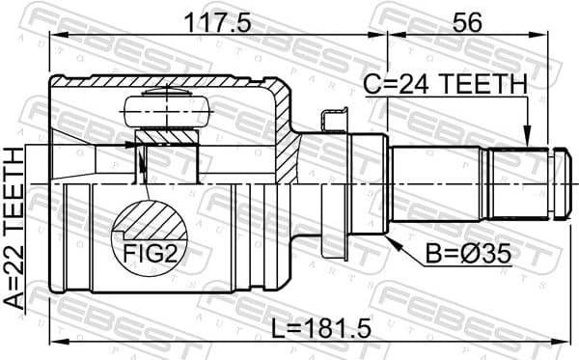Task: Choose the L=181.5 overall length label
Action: pyautogui.click(x=318, y=327)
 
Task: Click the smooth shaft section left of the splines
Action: pyautogui.click(x=439, y=181)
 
